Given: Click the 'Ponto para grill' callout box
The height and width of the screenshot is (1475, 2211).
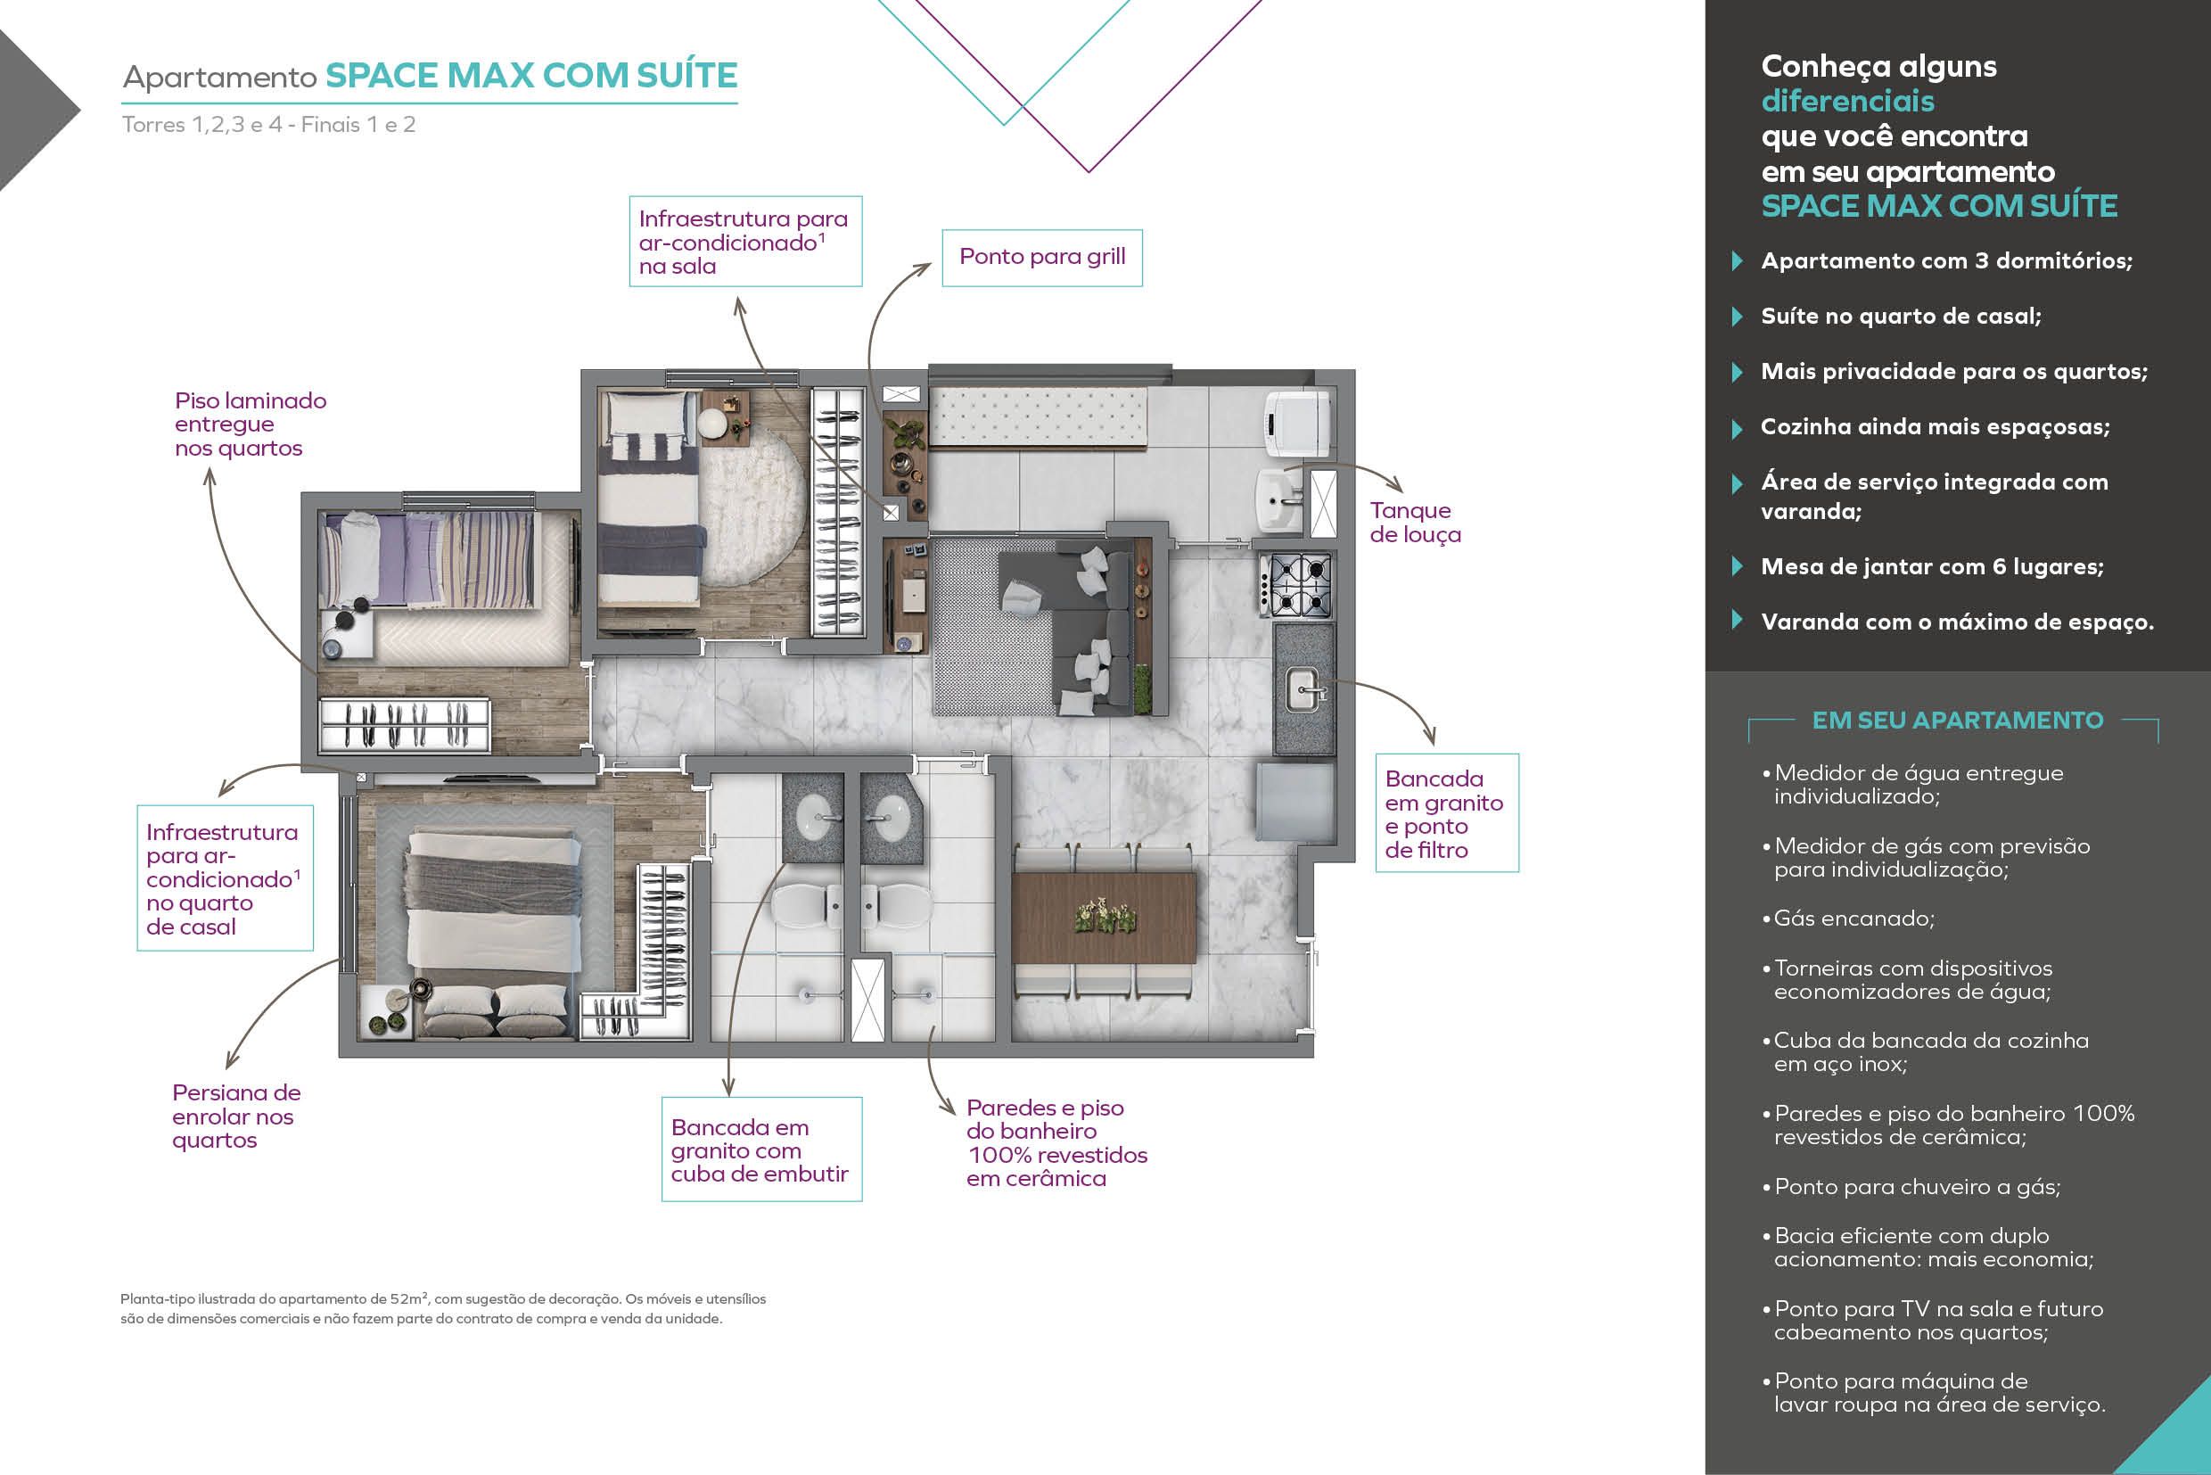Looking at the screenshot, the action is coord(1042,257).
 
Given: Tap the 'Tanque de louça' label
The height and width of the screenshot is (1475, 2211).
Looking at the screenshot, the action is coord(1416,522).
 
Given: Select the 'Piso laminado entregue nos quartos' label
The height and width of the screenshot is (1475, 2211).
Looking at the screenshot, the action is coord(251,424).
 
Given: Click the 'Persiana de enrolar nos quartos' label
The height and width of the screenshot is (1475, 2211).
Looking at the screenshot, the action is coord(236,1117).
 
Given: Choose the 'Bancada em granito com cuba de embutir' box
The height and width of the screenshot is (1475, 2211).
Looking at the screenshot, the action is coord(761,1149).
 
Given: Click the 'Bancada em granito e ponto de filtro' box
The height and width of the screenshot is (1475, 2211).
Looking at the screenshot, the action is coord(1446,812).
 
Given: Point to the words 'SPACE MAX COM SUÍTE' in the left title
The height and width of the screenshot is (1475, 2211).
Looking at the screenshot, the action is coord(531,75).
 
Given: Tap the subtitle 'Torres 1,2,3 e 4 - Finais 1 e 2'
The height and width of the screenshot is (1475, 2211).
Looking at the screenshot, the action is coord(269,124).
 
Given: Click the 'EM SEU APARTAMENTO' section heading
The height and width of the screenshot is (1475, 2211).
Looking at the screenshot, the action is coord(1957,721).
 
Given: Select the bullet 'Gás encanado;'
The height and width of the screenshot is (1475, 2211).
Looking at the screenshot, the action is coord(1849,919).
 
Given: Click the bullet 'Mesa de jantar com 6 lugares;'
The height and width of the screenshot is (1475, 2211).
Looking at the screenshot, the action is coord(1932,566).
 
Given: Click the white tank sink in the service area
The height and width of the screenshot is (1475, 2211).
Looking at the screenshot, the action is coord(1280,500).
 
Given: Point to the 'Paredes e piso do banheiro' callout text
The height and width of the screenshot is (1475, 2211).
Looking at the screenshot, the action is coord(1056,1143).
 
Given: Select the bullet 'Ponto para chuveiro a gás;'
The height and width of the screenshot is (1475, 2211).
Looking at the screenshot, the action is coord(1911,1187).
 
